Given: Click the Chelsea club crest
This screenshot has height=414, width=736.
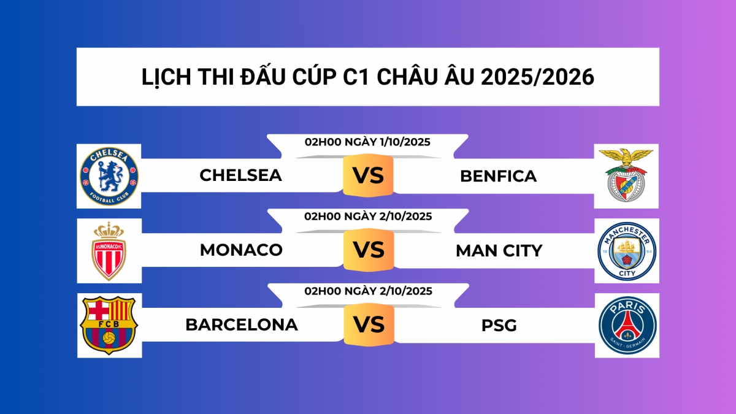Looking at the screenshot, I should pyautogui.click(x=109, y=175).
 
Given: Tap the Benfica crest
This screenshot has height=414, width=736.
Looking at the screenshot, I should pyautogui.click(x=625, y=176).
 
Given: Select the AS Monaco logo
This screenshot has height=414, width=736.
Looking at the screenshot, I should pyautogui.click(x=109, y=251).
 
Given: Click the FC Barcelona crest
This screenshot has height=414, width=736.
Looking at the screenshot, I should pyautogui.click(x=109, y=325).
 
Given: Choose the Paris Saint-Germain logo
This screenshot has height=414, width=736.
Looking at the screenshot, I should pyautogui.click(x=627, y=325).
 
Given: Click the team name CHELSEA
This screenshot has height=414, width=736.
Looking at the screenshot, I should pyautogui.click(x=241, y=175).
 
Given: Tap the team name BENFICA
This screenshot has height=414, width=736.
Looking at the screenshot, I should pyautogui.click(x=498, y=177).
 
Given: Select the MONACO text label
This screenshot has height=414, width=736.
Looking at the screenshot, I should pyautogui.click(x=241, y=250).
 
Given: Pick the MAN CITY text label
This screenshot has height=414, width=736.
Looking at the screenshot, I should pyautogui.click(x=499, y=250).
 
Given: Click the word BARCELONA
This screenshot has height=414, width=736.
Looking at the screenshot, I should pyautogui.click(x=242, y=325).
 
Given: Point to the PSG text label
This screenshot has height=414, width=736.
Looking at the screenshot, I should pyautogui.click(x=499, y=326).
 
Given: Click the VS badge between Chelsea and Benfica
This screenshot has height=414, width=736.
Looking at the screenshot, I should pyautogui.click(x=368, y=176).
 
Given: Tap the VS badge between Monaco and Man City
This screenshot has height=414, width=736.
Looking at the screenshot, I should pyautogui.click(x=368, y=250).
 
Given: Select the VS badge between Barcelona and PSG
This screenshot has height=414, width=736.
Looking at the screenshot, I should pyautogui.click(x=368, y=324).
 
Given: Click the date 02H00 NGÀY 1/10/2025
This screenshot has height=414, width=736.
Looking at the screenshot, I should pyautogui.click(x=367, y=142).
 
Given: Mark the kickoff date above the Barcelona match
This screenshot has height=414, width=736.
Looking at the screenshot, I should pyautogui.click(x=368, y=291).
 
